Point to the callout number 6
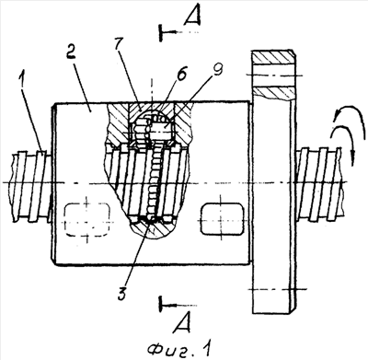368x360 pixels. (181, 73)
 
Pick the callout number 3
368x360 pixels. (121, 294)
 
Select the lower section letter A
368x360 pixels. (182, 322)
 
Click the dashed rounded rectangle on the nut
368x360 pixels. (87, 220)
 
